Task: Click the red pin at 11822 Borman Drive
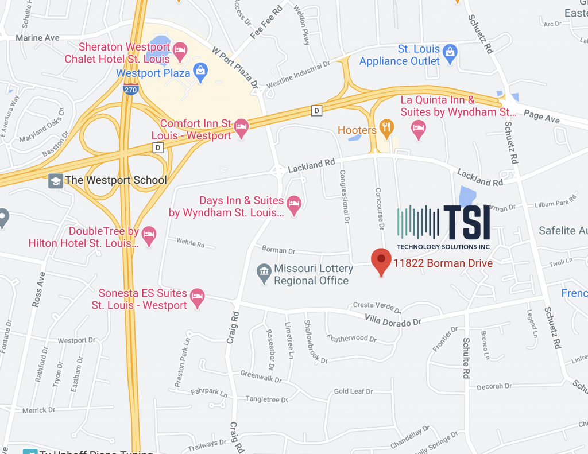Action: click(x=381, y=261)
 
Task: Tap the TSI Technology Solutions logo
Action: click(x=444, y=227)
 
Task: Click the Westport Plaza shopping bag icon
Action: click(x=200, y=72)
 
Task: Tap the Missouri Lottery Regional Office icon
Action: click(x=264, y=273)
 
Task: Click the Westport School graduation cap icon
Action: click(x=56, y=180)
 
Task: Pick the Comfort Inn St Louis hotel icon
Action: click(x=242, y=129)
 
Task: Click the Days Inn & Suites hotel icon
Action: click(x=294, y=206)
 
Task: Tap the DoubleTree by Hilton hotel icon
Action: click(x=149, y=236)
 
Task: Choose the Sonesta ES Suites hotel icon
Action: click(x=198, y=298)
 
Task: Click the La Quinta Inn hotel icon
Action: click(x=419, y=129)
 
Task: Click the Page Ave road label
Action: click(x=541, y=117)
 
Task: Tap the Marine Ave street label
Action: click(x=38, y=38)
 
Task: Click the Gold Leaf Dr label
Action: click(x=353, y=391)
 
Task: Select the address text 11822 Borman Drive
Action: click(x=443, y=263)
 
